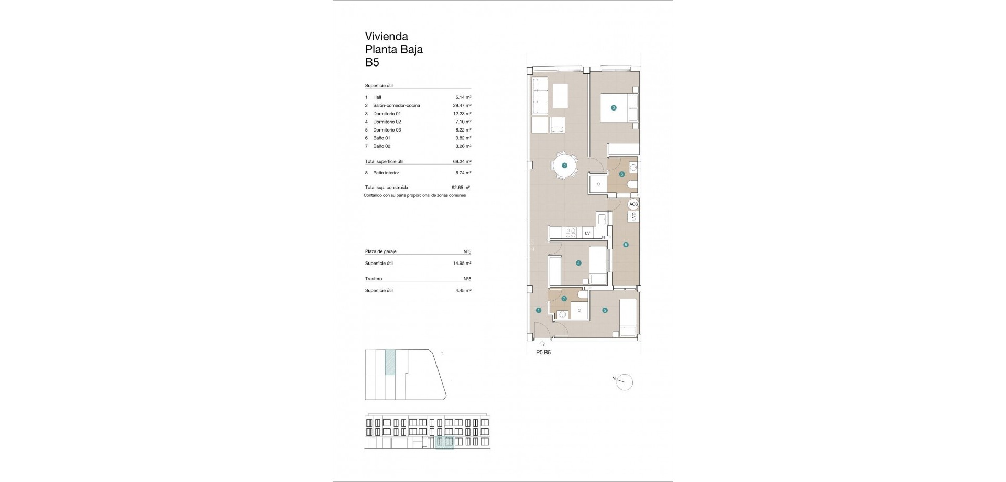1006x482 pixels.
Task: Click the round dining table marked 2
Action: pos(564,166)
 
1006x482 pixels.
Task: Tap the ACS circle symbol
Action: pos(633,204)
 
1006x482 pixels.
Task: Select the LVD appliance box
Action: pos(633,216)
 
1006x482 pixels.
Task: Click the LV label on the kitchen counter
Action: pos(587,233)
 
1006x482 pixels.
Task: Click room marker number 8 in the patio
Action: pos(626,245)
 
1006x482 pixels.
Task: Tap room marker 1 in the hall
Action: pos(539,311)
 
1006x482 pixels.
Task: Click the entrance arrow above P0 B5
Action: pos(542,344)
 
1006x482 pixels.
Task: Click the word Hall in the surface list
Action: pos(377,97)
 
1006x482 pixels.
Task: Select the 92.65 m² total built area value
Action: pos(461,187)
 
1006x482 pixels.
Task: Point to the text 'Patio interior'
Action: pos(386,173)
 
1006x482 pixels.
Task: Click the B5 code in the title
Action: pos(372,63)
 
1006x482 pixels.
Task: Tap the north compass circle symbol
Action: pos(625,382)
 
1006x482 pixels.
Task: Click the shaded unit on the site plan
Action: pos(390,363)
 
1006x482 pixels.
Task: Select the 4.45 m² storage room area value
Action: pos(463,290)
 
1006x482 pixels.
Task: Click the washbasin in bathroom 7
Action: pos(562,315)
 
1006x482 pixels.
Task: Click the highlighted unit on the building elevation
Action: pos(445,443)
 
